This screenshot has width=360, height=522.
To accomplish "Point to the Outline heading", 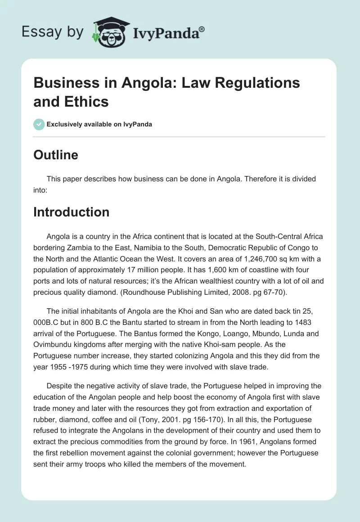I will [55, 155].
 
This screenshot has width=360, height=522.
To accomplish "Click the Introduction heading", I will [71, 212].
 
